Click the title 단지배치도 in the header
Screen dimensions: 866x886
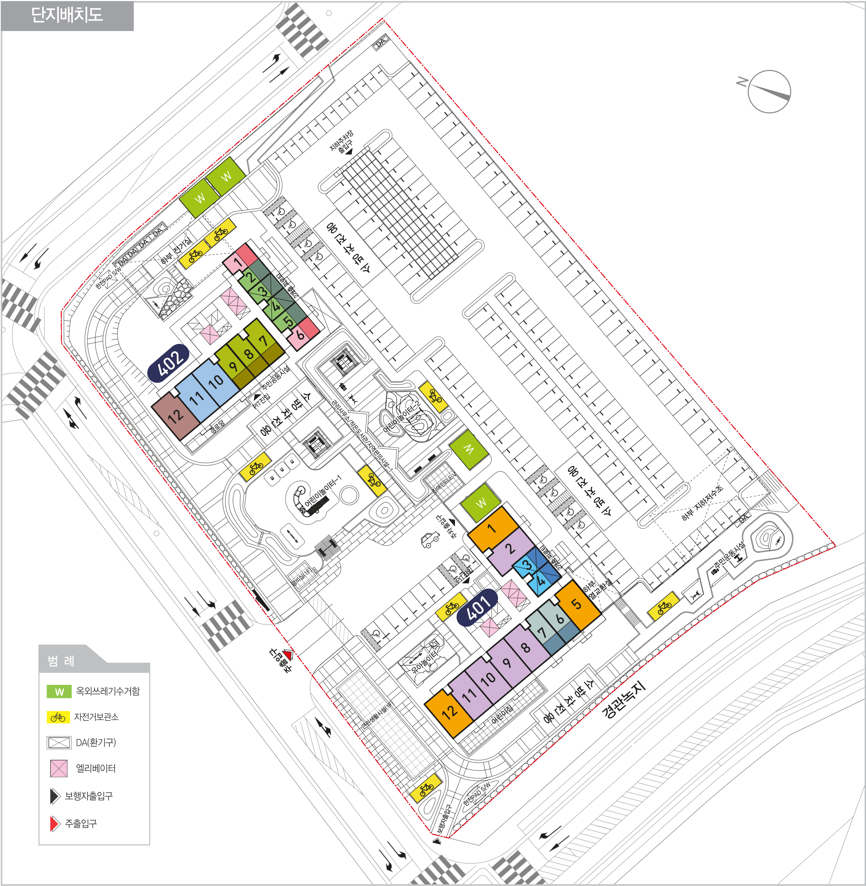(67, 15)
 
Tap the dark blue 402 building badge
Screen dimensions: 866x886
(169, 363)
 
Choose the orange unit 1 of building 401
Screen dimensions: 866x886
(492, 528)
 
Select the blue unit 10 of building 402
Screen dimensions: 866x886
(216, 381)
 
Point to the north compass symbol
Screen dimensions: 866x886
(769, 91)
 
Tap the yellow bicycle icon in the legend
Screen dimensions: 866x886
(58, 717)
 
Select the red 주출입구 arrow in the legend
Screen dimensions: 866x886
(55, 824)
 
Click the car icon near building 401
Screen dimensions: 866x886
(430, 540)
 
